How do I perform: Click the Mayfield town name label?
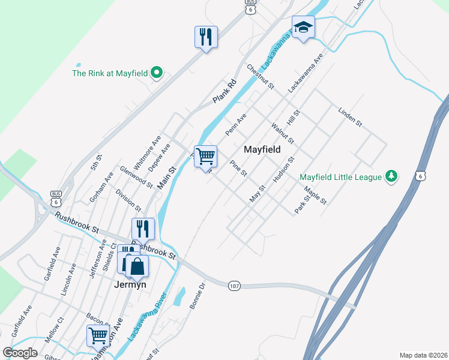pyautogui.click(x=262, y=149)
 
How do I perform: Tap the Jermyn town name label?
pyautogui.click(x=131, y=286)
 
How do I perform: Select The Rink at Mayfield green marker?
pyautogui.click(x=157, y=73)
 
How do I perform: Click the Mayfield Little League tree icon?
pyautogui.click(x=391, y=176)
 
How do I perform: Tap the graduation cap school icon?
pyautogui.click(x=303, y=27)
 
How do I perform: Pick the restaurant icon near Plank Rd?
pyautogui.click(x=206, y=37)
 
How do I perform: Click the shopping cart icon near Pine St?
pyautogui.click(x=205, y=157)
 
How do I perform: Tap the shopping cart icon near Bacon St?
pyautogui.click(x=97, y=335)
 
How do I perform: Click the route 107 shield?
pyautogui.click(x=235, y=286)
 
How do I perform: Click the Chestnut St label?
pyautogui.click(x=260, y=77)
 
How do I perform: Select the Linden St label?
pyautogui.click(x=351, y=117)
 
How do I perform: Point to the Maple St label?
pyautogui.click(x=315, y=196)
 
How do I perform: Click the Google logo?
pyautogui.click(x=20, y=353)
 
